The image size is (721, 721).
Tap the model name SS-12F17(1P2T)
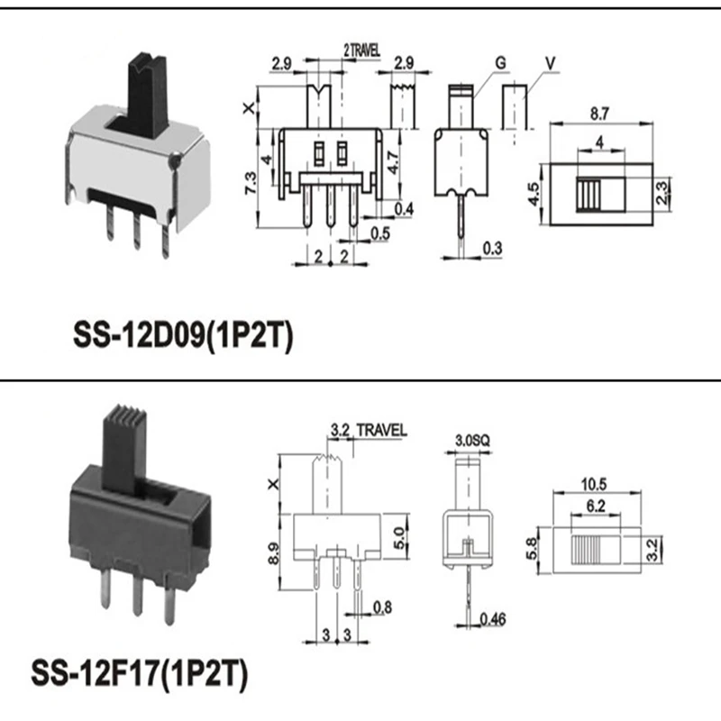pyautogui.click(x=139, y=671)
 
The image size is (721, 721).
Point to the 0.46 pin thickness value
pyautogui.click(x=492, y=617)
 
